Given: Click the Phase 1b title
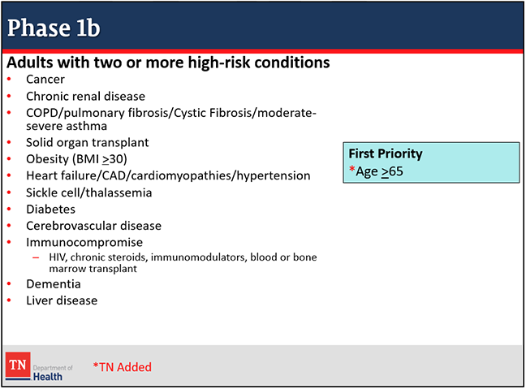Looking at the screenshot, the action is click(x=54, y=28).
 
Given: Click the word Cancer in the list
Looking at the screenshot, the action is click(x=45, y=80).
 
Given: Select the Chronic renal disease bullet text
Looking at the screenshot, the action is click(x=85, y=97).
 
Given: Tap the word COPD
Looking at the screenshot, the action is click(x=42, y=113).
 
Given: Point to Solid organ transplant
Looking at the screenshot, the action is click(x=87, y=143).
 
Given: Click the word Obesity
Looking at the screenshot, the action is click(x=47, y=159).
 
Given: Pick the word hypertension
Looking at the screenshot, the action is click(x=274, y=176).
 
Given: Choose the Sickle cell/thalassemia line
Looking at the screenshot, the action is click(x=89, y=192).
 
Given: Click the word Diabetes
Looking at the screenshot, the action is click(x=50, y=209).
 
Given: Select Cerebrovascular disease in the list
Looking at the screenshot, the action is click(x=93, y=226).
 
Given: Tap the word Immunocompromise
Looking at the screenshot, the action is click(x=84, y=242).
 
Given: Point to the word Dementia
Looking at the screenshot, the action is click(x=54, y=284).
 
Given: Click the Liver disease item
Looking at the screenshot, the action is click(x=62, y=300).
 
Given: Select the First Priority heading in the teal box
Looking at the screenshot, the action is click(x=386, y=153).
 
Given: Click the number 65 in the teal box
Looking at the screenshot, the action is click(x=396, y=171).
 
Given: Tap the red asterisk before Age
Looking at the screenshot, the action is click(x=352, y=168).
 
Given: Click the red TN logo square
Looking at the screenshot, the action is click(x=18, y=365).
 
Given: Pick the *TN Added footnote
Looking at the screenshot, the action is click(x=122, y=367).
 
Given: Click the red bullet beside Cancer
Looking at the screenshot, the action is click(x=9, y=80).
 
